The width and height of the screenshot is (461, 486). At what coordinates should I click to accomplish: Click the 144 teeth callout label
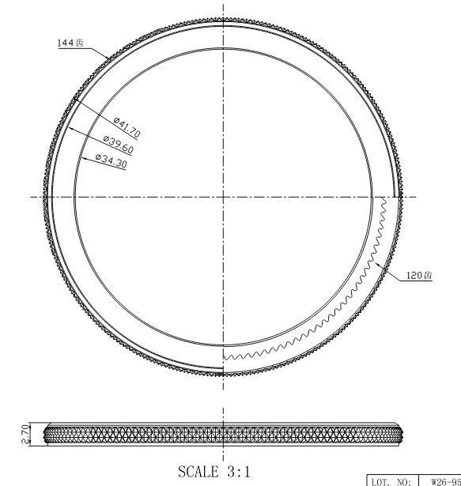(70, 43)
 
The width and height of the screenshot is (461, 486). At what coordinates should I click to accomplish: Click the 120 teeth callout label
(419, 275)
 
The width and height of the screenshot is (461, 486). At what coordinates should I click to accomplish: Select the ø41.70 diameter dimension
(127, 127)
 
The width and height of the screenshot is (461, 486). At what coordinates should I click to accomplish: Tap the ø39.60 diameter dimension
(118, 145)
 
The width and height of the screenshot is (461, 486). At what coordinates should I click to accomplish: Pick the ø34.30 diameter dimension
(111, 161)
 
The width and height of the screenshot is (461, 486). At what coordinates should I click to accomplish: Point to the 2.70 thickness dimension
(26, 434)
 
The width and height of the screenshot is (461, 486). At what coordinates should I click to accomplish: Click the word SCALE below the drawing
(198, 472)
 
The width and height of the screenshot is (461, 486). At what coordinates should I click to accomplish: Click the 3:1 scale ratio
(239, 472)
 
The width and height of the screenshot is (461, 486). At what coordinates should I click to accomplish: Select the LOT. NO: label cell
(393, 481)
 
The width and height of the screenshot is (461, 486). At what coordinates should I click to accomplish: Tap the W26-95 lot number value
(446, 481)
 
